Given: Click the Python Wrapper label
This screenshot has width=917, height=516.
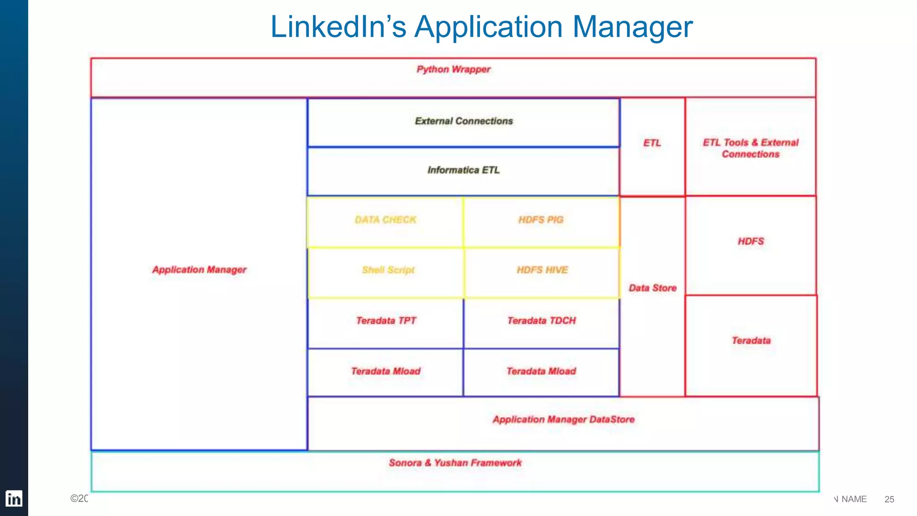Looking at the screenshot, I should pyautogui.click(x=453, y=69).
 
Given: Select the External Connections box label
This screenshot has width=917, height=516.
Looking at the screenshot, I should pyautogui.click(x=463, y=121).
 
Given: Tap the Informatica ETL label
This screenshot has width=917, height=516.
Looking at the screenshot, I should pyautogui.click(x=463, y=170).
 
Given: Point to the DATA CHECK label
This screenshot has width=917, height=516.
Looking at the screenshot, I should pyautogui.click(x=386, y=220).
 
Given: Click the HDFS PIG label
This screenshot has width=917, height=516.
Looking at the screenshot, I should pyautogui.click(x=541, y=220).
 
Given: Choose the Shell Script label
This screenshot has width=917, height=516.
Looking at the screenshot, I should pyautogui.click(x=388, y=270).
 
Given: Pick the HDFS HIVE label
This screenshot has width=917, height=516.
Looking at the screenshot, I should pyautogui.click(x=542, y=270).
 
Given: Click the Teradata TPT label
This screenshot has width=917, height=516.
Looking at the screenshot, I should pyautogui.click(x=386, y=320).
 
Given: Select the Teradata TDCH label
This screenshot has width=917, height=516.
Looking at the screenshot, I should pyautogui.click(x=541, y=320).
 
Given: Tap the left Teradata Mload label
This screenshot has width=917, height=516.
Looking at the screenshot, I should pyautogui.click(x=386, y=371).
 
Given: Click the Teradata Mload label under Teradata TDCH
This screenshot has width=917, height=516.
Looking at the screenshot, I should pyautogui.click(x=541, y=371).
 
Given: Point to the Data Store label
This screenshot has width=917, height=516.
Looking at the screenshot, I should pyautogui.click(x=652, y=288).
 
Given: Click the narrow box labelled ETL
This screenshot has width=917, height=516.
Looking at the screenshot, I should pyautogui.click(x=652, y=143).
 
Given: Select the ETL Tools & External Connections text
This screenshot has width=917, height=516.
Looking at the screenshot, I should pyautogui.click(x=750, y=148).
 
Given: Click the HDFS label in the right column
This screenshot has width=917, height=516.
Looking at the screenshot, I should pyautogui.click(x=751, y=241).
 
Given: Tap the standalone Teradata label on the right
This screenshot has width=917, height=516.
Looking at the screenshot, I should pyautogui.click(x=751, y=341).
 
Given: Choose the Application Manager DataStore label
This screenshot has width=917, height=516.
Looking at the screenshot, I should pyautogui.click(x=563, y=419).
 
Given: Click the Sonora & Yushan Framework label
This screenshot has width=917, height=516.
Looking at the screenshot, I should pyautogui.click(x=455, y=463).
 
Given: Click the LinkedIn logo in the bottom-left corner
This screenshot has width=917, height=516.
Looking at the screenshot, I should pyautogui.click(x=14, y=499).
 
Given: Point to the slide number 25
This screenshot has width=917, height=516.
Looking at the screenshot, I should pyautogui.click(x=889, y=499).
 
